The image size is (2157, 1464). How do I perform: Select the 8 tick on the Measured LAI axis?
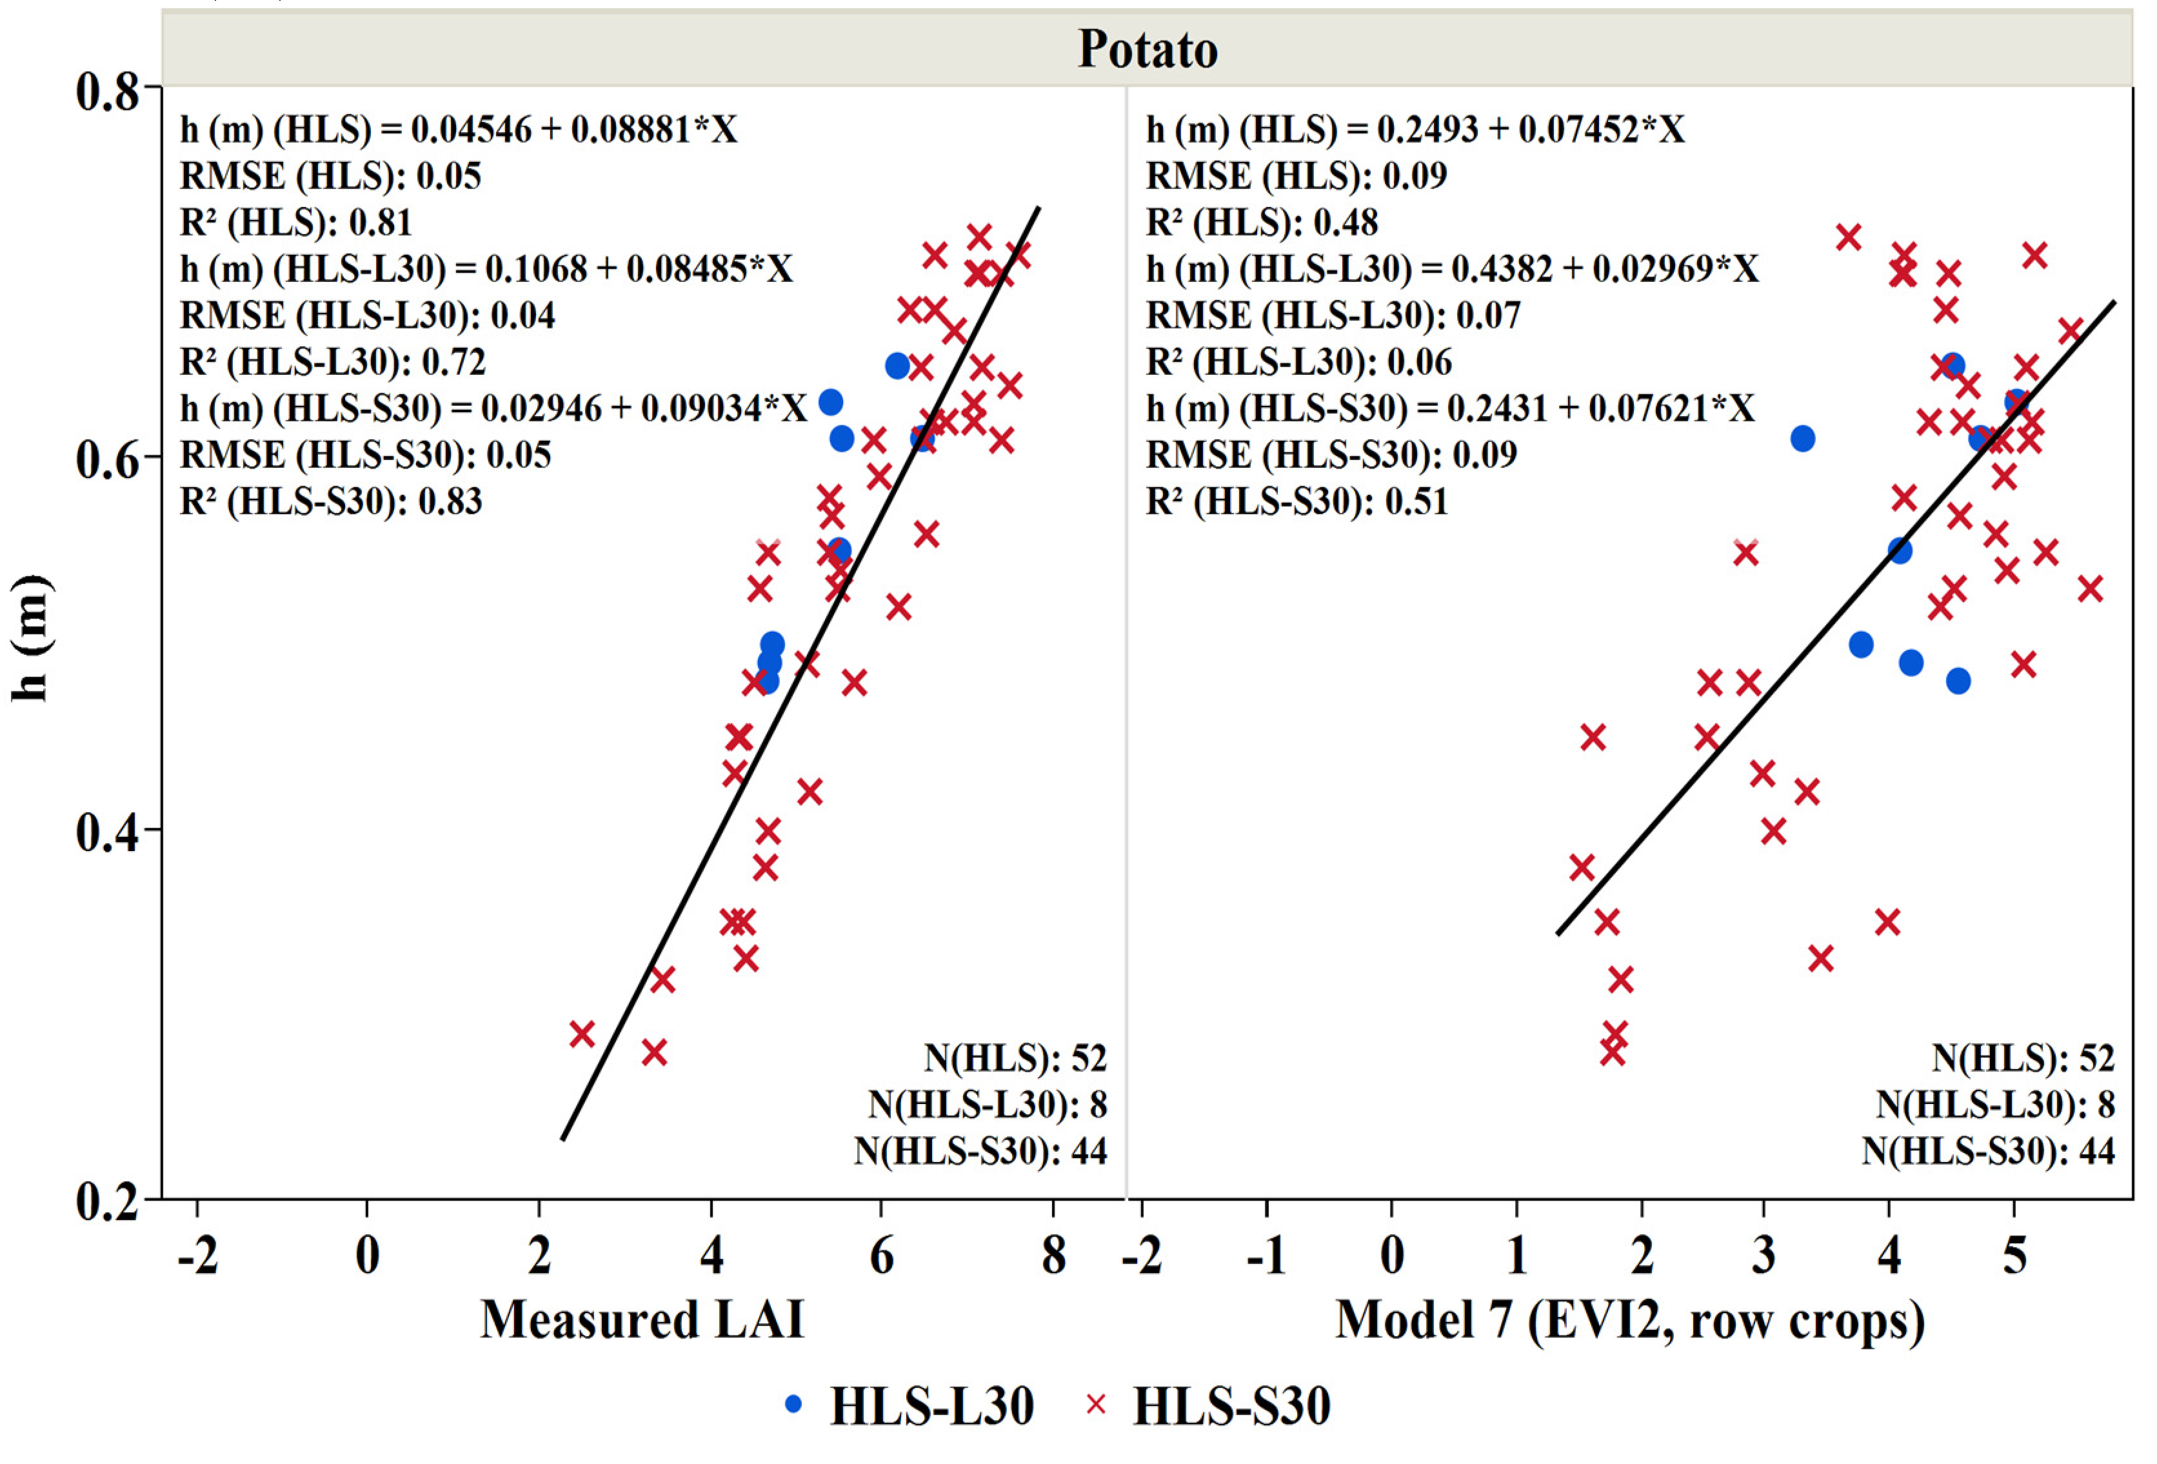[x=1053, y=1256]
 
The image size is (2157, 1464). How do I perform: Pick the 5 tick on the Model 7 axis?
[x=2013, y=1256]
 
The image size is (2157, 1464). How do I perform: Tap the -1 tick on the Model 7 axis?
[x=1266, y=1256]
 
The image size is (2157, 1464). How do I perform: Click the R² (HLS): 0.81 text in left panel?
[x=295, y=222]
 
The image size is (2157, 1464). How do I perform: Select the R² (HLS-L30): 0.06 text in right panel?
[x=1298, y=361]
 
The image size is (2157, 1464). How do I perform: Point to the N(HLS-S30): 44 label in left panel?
[x=980, y=1150]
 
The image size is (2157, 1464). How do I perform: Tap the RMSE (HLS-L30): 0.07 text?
[x=1333, y=315]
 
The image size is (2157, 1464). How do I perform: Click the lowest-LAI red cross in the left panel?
[x=582, y=1033]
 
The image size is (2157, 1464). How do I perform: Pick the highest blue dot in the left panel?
[x=897, y=366]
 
